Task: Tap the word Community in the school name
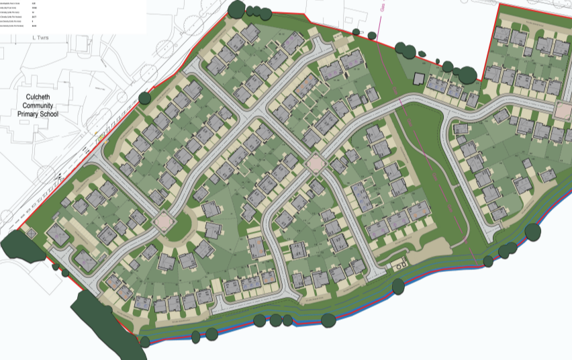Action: pyautogui.click(x=38, y=105)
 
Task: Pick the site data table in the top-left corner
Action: pyautogui.click(x=73, y=16)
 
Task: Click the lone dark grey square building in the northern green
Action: pyautogui.click(x=418, y=79)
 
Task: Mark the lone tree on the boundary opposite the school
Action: pyautogui.click(x=144, y=98)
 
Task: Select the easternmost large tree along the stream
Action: pyautogui.click(x=532, y=232)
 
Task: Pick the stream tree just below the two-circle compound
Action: pyautogui.click(x=397, y=287)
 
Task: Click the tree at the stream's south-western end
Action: pyautogui.click(x=144, y=341)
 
